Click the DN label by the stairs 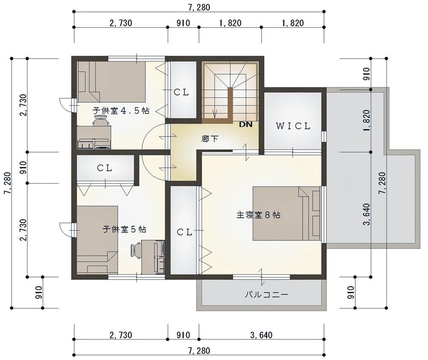pos(246,125)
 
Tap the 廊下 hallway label pos(210,139)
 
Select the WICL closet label pos(293,126)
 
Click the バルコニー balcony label pos(266,295)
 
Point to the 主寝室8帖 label pos(258,215)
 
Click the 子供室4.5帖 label pos(121,110)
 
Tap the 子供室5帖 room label pos(124,229)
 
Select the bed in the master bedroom pos(286,214)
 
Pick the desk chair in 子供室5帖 pos(136,251)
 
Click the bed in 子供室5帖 pos(97,239)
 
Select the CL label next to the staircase pos(181,92)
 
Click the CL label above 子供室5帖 pos(104,168)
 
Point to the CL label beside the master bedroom pos(184,232)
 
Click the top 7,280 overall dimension pos(199,7)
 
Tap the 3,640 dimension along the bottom pos(261,335)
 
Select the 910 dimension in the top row pos(183,23)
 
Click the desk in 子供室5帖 pos(153,257)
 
